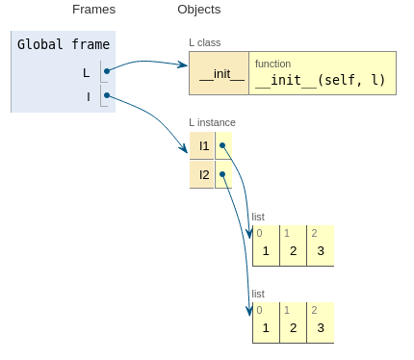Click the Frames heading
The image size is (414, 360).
point(93,10)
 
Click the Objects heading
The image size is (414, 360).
point(199,10)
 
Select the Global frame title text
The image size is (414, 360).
point(64,44)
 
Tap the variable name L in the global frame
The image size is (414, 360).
point(86,73)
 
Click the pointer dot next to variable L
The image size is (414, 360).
point(107,71)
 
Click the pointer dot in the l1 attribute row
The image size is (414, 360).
point(222,145)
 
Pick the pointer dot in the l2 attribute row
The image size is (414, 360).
point(222,174)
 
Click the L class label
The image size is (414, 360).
point(205,42)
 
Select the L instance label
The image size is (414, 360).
point(212,122)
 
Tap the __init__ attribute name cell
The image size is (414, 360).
point(220,73)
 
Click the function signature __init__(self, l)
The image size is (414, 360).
point(320,80)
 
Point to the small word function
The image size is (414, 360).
point(272,64)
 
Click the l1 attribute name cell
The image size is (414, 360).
point(202,145)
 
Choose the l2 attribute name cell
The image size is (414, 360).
point(202,174)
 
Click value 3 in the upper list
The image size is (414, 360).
point(321,251)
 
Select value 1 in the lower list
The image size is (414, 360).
point(266,328)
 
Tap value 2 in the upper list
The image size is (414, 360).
point(293,251)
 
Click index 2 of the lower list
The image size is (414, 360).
point(314,310)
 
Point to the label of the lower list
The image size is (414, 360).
point(258,294)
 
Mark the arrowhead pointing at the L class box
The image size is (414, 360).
point(184,65)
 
